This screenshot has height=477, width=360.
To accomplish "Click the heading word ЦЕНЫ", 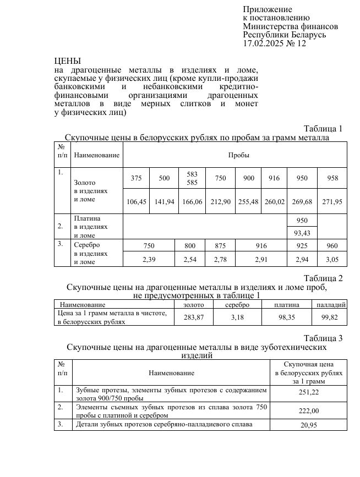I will [68, 61].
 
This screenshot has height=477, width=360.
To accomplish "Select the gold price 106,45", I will [137, 202].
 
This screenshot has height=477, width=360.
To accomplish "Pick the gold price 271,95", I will [332, 202].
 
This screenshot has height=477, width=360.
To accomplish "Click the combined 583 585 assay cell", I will [192, 178].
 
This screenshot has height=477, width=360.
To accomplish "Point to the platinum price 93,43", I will [302, 233].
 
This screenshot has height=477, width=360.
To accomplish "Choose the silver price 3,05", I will [332, 259].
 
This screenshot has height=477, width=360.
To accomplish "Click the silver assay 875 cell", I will [220, 246].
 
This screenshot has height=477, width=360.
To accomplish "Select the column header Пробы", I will [239, 155].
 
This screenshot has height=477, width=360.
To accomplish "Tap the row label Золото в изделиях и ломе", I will [90, 190].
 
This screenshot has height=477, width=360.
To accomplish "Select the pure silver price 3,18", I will [237, 317].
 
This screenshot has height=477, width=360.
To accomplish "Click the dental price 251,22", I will [309, 393].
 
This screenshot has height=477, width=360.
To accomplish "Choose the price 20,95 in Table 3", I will [309, 425].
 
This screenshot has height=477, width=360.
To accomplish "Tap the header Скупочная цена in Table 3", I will [309, 364].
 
